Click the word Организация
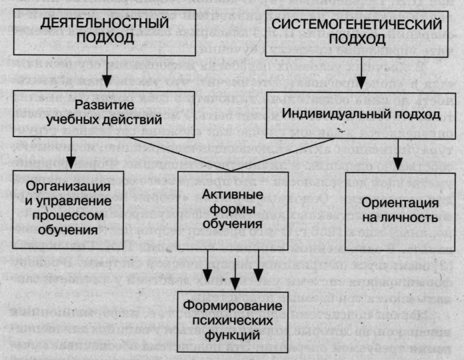[x=67, y=185]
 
